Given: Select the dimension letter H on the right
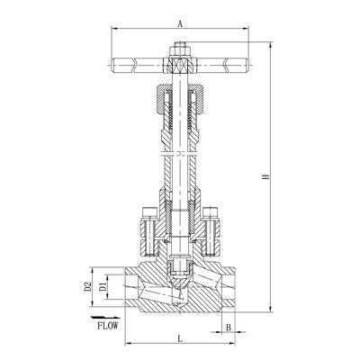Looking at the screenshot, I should coord(265,176).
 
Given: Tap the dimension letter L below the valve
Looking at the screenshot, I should coord(180,337).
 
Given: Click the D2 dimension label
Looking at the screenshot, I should coord(88,285).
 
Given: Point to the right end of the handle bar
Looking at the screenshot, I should coord(247,64).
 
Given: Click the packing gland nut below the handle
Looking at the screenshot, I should coord(181,99).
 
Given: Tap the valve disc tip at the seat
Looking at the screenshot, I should coord(181,268).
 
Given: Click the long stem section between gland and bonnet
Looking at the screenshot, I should coord(181,166).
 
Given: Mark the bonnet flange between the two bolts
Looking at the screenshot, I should coord(181,236).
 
